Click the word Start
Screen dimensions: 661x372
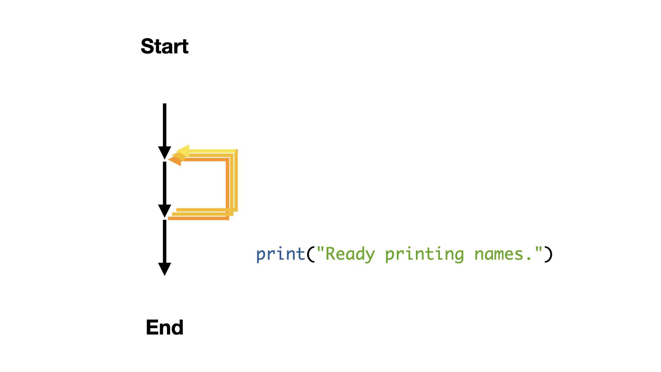(x=165, y=46)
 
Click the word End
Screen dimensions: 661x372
(x=165, y=327)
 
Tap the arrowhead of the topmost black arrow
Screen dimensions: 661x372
(x=165, y=153)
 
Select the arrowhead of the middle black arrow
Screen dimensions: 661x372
(x=165, y=211)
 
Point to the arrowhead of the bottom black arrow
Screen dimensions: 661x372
(x=165, y=269)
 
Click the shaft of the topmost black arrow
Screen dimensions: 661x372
(x=165, y=125)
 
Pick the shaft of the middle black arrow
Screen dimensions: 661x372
(x=165, y=183)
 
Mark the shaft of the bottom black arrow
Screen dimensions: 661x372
(x=165, y=241)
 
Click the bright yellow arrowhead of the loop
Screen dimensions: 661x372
(x=183, y=151)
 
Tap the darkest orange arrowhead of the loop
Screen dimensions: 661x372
(x=175, y=160)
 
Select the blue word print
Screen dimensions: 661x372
(x=281, y=255)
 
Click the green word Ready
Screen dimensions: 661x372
(x=350, y=255)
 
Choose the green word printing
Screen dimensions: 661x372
(x=424, y=255)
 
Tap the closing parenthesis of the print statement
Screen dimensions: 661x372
(x=548, y=255)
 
